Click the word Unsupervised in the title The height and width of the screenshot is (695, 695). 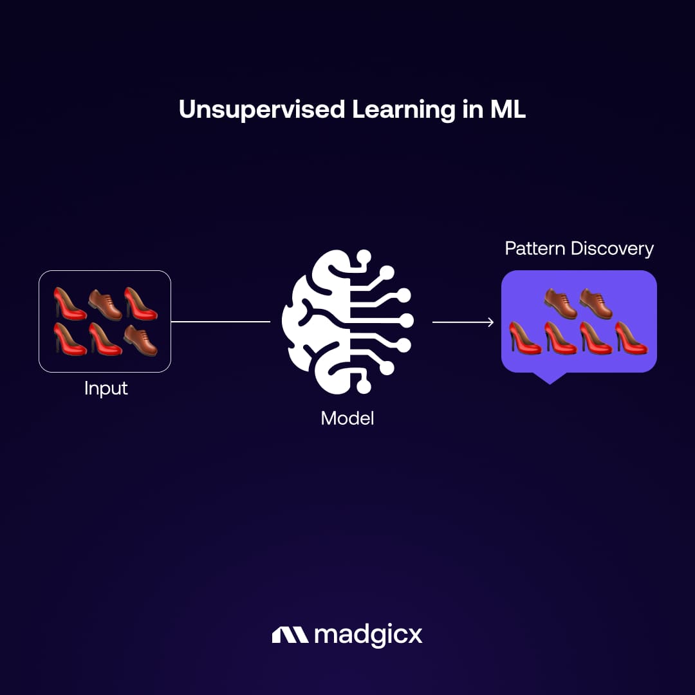262,110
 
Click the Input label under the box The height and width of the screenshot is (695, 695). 106,389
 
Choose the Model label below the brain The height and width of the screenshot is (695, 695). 347,418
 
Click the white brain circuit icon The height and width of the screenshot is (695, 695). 348,322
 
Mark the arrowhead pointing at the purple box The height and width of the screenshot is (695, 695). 490,322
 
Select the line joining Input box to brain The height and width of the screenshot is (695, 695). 221,322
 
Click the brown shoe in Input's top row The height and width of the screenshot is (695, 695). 105,304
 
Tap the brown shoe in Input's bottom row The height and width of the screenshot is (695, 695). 140,340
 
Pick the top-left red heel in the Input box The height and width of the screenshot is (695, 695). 69,304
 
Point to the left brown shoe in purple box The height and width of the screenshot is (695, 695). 561,303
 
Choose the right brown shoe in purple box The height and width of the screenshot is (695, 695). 596,303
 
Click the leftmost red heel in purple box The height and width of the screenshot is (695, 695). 526,337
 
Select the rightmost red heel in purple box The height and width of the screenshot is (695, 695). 631,337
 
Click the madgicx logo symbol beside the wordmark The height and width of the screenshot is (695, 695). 290,635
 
